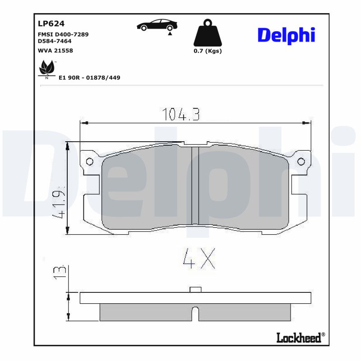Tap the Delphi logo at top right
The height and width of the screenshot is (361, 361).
[x=286, y=36]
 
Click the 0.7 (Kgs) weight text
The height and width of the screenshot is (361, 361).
[x=208, y=51]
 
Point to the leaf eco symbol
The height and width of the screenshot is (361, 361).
[x=46, y=69]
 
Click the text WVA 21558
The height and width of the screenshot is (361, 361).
[x=56, y=51]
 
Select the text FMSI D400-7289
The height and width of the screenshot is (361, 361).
[x=63, y=34]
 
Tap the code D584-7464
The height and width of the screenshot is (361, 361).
[x=55, y=41]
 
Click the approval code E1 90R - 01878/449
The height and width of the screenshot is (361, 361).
[x=89, y=78]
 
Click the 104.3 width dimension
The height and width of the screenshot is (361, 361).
[x=180, y=115]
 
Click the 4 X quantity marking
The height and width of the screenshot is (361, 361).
[x=198, y=259]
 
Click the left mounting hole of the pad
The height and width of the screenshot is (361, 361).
[x=89, y=162]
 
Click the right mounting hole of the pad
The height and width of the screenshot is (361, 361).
[x=301, y=162]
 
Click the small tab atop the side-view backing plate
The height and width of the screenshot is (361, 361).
[x=195, y=289]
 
